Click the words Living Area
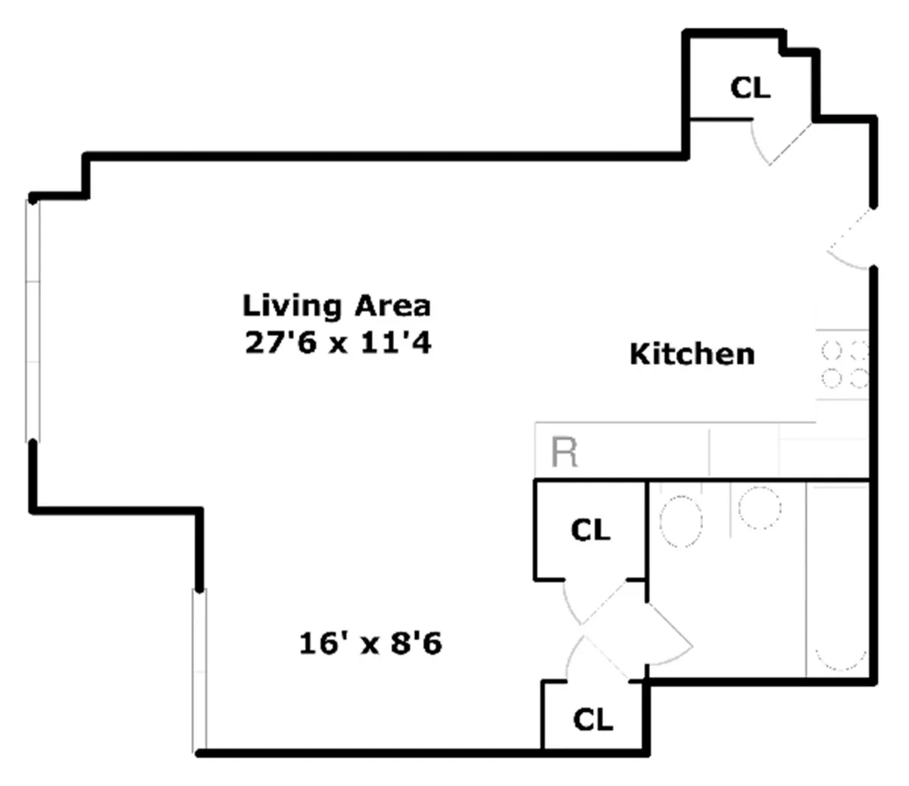336,306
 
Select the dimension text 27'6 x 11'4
338,343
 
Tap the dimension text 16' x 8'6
370,644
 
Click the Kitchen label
692,354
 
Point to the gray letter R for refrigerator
565,452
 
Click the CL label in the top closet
750,88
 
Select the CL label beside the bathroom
590,530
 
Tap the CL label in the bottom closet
592,719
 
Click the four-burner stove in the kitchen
844,364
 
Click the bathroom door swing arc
667,636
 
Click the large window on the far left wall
32,318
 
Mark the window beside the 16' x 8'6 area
198,670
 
